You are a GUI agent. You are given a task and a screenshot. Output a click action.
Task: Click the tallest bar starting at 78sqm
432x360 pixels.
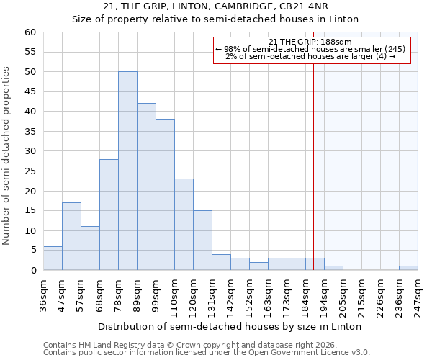(127, 171)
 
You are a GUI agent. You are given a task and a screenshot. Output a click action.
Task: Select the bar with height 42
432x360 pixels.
(146, 186)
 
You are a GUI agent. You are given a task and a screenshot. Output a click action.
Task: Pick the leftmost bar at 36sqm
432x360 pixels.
(53, 258)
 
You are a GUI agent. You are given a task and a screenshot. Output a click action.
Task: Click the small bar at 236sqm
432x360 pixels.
(408, 268)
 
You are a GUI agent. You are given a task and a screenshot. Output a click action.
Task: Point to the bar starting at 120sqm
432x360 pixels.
(202, 240)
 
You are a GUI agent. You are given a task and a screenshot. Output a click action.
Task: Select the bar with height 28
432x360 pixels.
(109, 215)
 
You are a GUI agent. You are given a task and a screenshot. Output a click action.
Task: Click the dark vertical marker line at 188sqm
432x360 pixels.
(314, 158)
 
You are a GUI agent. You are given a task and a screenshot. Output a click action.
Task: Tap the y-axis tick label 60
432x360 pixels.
(30, 32)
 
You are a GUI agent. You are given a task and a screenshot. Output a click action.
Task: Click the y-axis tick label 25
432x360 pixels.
(30, 171)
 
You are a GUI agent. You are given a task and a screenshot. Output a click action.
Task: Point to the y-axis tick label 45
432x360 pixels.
(30, 91)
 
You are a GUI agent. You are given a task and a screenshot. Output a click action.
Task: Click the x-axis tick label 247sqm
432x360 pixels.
(418, 295)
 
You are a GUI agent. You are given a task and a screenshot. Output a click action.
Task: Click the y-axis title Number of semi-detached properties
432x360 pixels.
(7, 156)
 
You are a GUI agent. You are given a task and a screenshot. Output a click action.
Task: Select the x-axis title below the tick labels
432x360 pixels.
(229, 326)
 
